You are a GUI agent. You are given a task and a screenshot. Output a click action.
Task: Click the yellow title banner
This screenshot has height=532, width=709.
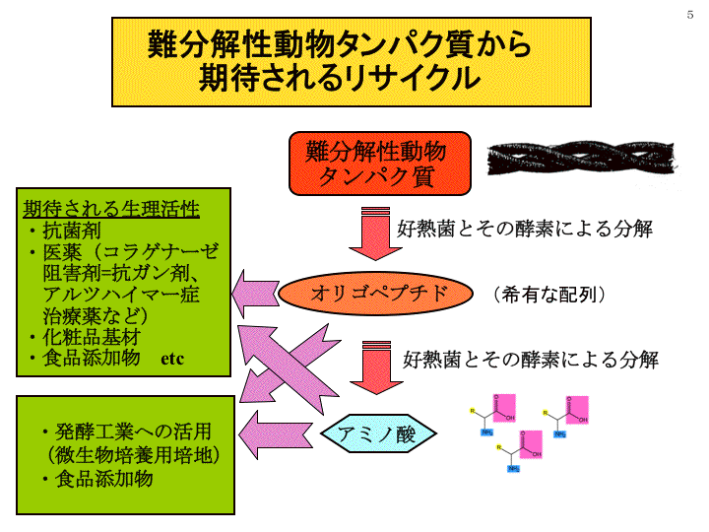(353, 61)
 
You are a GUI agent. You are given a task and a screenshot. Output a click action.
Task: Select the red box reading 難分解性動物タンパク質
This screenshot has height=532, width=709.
(375, 164)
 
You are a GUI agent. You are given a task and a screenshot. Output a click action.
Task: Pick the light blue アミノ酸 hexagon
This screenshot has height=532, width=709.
(378, 434)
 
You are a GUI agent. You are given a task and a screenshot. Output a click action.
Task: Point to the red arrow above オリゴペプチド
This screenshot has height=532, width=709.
(373, 234)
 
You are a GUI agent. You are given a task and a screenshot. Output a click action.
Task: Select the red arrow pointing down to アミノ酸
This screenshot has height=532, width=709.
(376, 365)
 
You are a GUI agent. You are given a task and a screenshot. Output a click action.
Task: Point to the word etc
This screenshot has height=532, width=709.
(172, 359)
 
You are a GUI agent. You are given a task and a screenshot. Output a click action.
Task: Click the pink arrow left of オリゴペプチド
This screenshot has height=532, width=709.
(255, 293)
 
